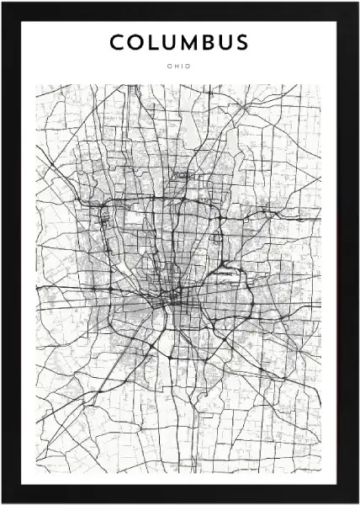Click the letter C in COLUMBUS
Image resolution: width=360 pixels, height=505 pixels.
click(x=116, y=42)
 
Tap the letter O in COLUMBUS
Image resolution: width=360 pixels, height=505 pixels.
click(x=135, y=42)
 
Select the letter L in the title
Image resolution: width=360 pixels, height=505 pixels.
click(x=151, y=42)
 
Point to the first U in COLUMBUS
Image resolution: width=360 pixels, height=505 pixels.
click(x=167, y=42)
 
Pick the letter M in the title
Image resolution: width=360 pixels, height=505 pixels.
click(x=188, y=42)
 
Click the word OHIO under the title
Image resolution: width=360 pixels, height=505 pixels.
click(x=179, y=66)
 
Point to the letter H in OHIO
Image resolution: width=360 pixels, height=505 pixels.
click(x=176, y=66)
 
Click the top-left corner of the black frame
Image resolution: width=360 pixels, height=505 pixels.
click(x=3, y=3)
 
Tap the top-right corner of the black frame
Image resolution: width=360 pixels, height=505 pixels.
click(x=357, y=3)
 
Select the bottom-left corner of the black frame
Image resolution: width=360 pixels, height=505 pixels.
click(x=3, y=502)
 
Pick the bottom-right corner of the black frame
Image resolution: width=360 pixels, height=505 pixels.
click(x=357, y=502)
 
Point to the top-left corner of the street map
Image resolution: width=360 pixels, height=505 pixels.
click(x=35, y=84)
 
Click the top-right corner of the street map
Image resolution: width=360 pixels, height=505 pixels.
click(x=324, y=84)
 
